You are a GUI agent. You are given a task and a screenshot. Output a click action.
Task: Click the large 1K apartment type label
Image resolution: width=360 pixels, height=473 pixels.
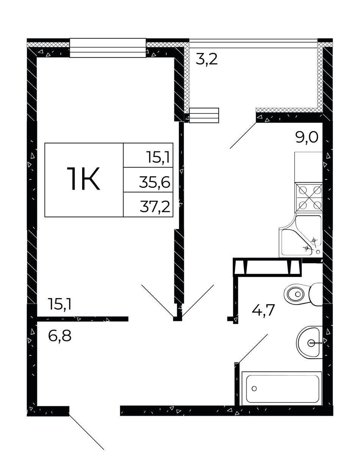coord(83,179)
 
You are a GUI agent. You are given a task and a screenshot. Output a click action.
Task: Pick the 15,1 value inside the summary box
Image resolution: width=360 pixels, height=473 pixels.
coord(158,157)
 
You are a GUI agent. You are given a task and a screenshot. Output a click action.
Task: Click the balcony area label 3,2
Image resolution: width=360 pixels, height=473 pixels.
coord(207,60)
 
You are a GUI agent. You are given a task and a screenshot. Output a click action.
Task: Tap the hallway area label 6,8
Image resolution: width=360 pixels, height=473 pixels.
coord(59,336)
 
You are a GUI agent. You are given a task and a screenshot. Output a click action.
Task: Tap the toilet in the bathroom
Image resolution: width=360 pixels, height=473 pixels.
coord(304,294)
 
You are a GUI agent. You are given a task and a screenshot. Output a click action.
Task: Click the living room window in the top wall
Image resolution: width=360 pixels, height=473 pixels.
coord(108,48)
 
